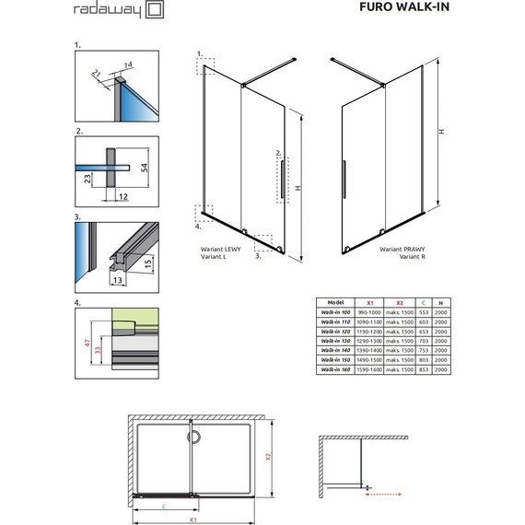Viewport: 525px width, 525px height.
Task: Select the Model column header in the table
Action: coord(335,302)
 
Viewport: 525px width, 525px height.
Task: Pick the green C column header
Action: coord(422,302)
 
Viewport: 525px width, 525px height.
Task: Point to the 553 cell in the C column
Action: coord(422,311)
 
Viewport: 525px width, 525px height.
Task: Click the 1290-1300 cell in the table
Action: coord(371,341)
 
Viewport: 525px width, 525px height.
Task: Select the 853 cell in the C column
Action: coord(422,369)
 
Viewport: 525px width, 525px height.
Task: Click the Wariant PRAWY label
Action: coord(401,250)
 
